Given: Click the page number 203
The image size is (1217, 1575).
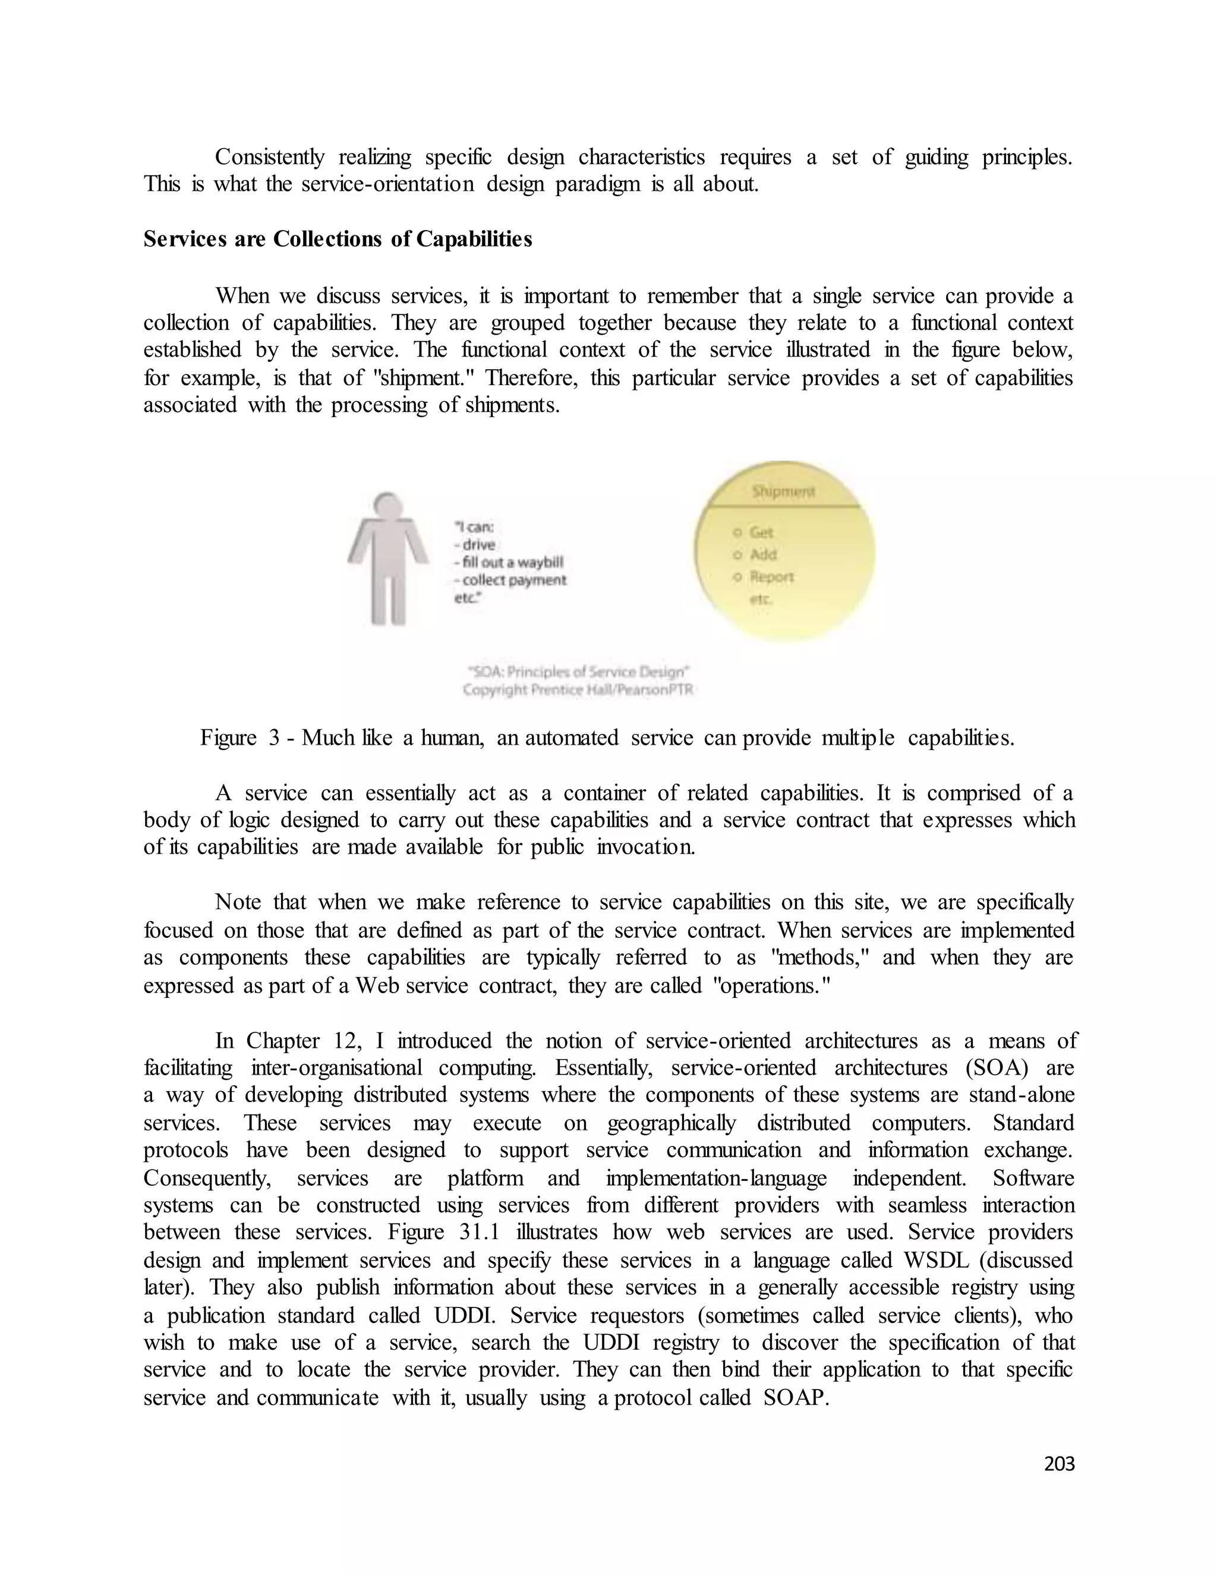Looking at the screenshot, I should point(1059,1463).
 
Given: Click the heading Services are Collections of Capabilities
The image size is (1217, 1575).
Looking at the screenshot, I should point(338,240).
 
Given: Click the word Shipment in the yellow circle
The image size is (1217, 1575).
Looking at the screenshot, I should point(783,492).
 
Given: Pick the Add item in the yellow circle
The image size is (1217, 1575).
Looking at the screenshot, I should point(763,555).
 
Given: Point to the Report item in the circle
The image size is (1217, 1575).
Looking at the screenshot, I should point(771,577).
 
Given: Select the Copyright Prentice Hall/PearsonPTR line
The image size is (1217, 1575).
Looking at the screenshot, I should point(578,690).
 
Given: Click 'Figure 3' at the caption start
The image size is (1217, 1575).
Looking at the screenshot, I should point(239,738).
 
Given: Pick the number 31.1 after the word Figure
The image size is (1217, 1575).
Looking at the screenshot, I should point(480,1233).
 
